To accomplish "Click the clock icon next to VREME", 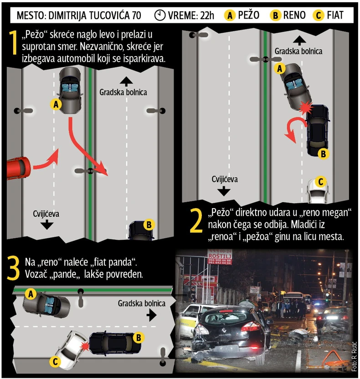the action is (159, 15).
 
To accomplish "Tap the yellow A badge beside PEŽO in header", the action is (230, 15).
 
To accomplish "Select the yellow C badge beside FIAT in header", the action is (319, 15).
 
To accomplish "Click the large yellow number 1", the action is (13, 42).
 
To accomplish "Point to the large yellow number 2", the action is (196, 220).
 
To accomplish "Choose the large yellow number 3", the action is (13, 268).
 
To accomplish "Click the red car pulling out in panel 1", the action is (18, 168).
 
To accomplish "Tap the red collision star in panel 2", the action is (306, 108).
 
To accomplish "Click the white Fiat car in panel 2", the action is (318, 191).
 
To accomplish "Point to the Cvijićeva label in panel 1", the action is (46, 214).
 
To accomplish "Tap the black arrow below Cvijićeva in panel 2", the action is (224, 191).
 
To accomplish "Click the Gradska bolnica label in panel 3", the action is (141, 303).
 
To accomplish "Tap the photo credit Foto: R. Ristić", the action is (354, 357).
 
